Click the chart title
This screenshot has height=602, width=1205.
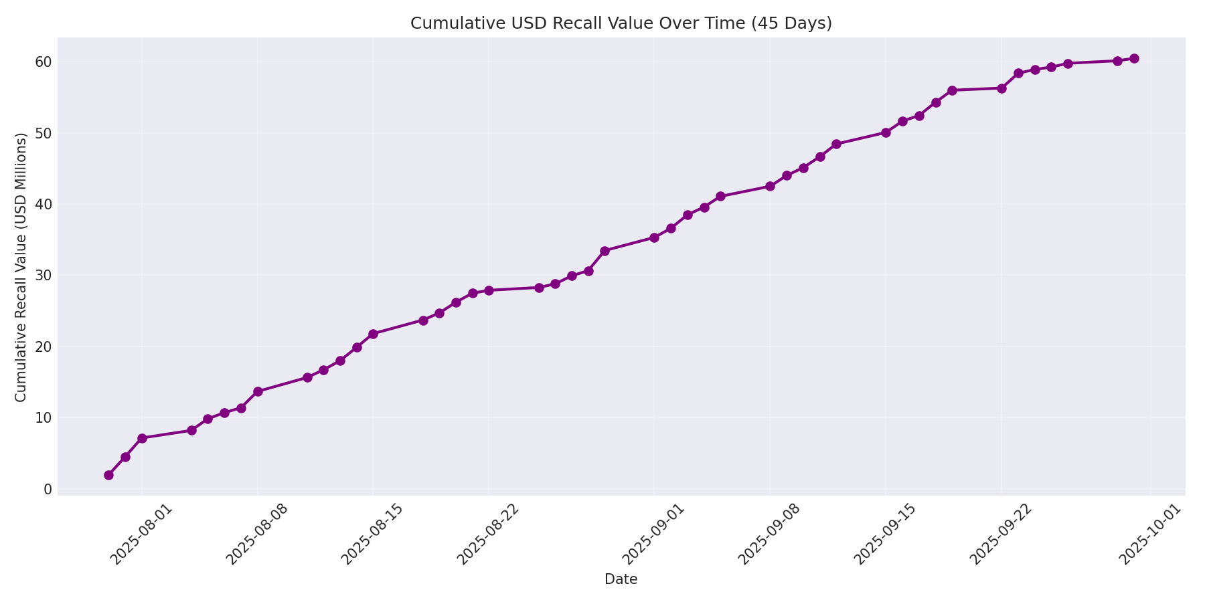pos(621,23)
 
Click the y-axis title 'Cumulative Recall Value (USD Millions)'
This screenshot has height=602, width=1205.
pos(21,268)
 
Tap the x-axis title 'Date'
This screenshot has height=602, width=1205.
pos(621,579)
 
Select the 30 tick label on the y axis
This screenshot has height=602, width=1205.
pos(44,275)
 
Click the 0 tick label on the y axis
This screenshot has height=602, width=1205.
pos(48,489)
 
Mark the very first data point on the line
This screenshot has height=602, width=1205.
pos(108,475)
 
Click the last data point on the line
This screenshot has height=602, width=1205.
pos(1134,58)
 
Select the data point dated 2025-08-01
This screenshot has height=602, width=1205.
pos(142,438)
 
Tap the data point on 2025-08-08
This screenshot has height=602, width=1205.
pos(258,391)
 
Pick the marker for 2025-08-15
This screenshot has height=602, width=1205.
pos(373,334)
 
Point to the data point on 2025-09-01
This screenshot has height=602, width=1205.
pos(654,237)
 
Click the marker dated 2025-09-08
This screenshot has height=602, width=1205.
pos(770,186)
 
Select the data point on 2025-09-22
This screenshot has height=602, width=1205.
pos(1001,88)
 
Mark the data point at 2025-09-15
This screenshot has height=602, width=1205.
pos(886,132)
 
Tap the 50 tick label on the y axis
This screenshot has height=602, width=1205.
pos(44,132)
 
